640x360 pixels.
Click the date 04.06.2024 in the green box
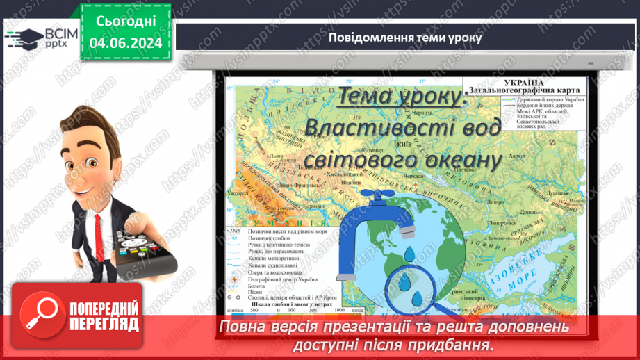click(125, 42)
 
